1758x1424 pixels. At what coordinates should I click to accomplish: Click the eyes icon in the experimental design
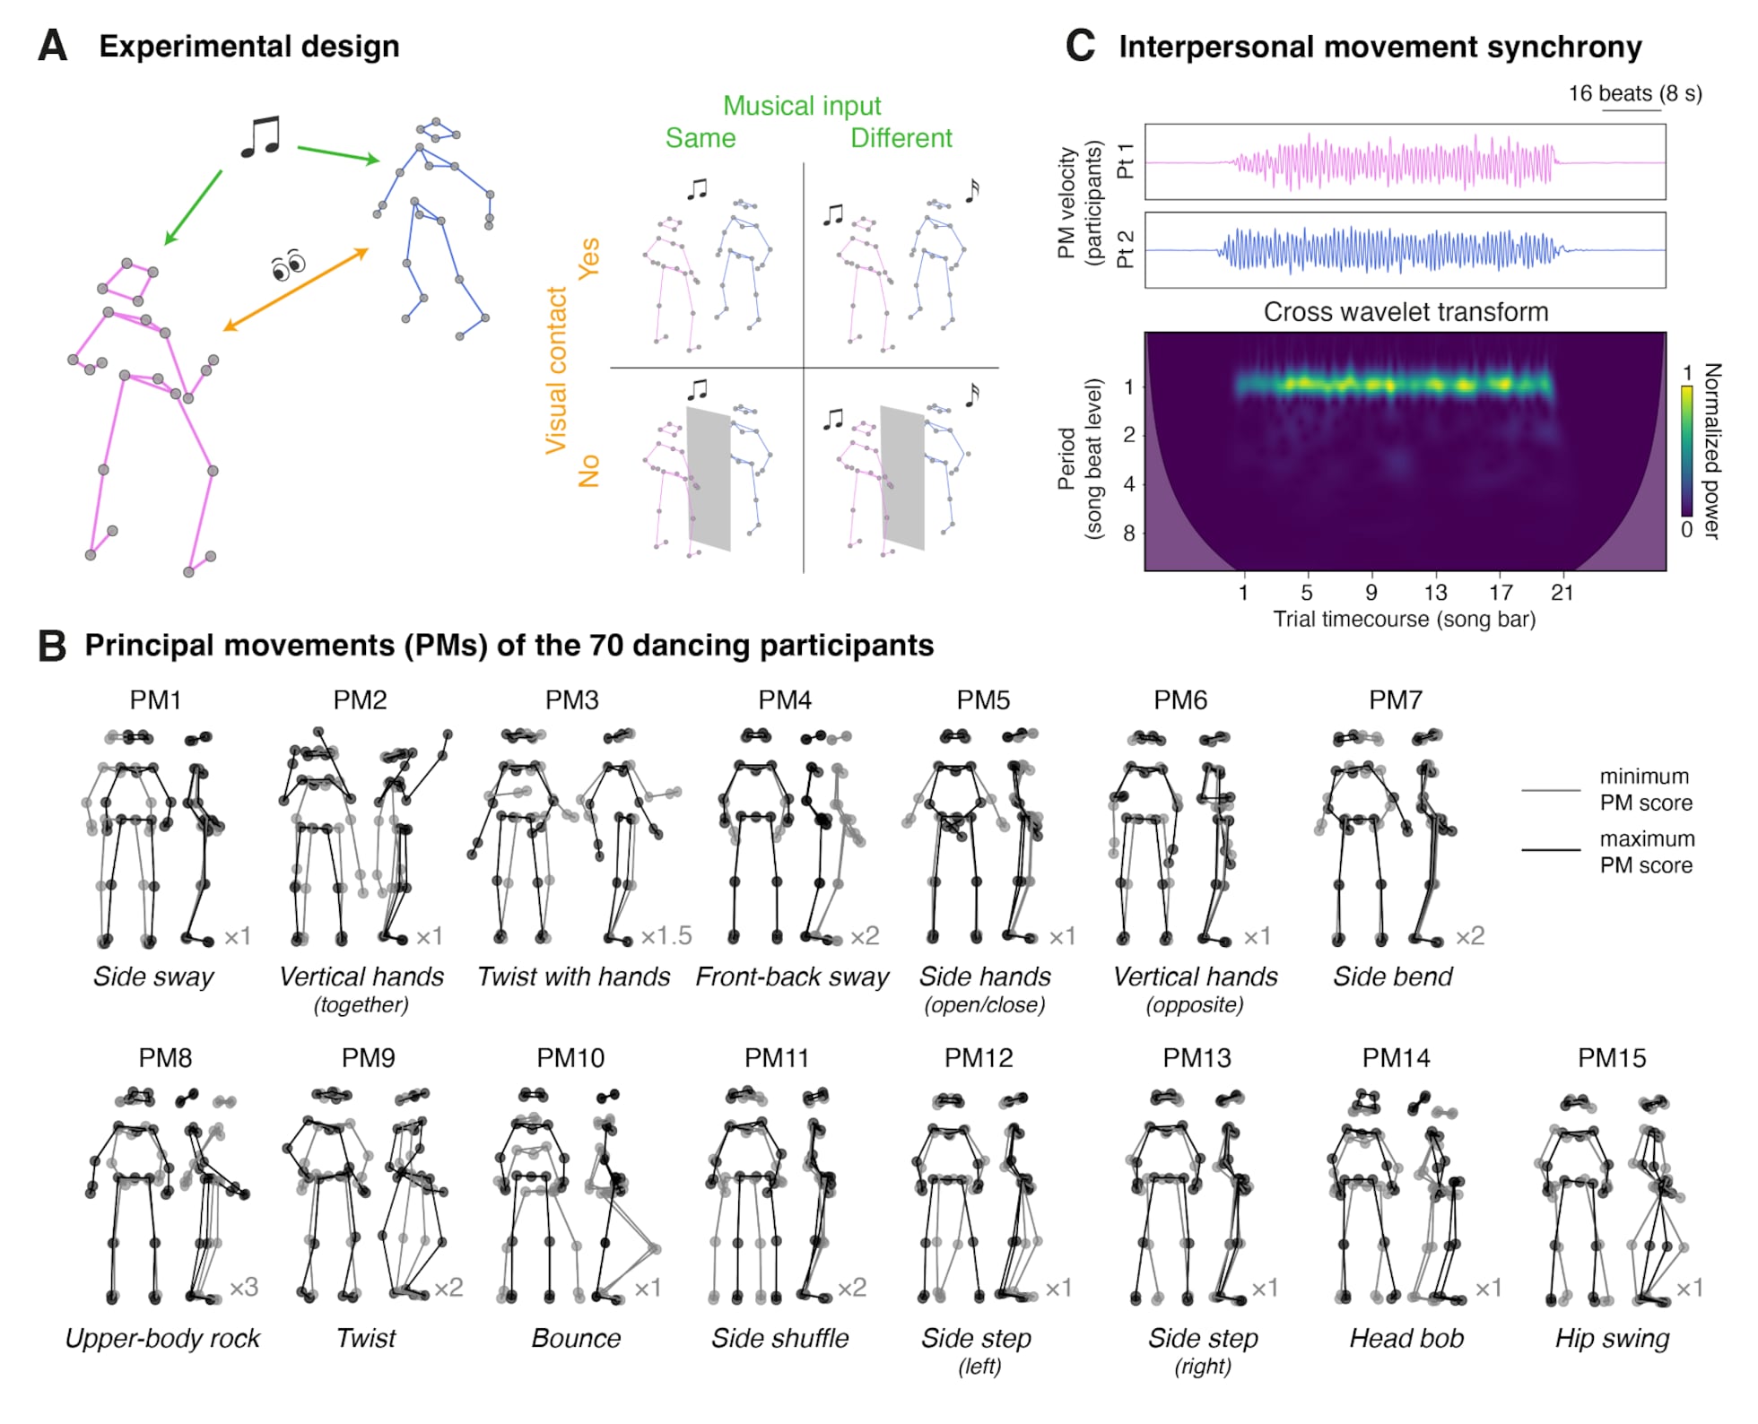pos(288,265)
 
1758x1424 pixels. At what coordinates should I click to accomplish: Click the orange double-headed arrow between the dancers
pos(296,290)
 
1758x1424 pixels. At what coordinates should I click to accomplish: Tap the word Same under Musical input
pos(700,138)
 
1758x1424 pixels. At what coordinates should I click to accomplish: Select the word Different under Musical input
pos(901,138)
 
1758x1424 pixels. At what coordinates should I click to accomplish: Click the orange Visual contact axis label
pos(557,369)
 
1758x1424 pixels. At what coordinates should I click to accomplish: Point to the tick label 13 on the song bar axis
pos(1435,593)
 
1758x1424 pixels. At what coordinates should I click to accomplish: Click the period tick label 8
pos(1128,533)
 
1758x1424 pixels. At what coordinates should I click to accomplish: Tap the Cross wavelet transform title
pos(1406,312)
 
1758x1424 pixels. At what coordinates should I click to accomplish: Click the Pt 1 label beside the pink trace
pos(1126,161)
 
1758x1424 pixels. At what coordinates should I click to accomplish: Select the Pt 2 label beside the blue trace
pos(1126,249)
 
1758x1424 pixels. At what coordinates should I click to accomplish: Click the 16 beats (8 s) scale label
pos(1634,93)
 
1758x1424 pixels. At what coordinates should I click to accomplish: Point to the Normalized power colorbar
pos(1686,451)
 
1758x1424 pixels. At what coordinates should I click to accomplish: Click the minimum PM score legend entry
pos(1645,789)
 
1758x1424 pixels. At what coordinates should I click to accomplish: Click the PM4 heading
pos(785,700)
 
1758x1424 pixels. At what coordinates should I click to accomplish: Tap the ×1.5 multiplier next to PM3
pos(666,936)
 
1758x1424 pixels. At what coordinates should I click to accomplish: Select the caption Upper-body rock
pos(162,1338)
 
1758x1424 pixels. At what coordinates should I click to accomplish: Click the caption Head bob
pos(1406,1338)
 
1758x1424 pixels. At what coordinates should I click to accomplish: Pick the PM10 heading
pos(570,1058)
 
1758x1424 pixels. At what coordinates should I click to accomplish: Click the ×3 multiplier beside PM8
pos(244,1288)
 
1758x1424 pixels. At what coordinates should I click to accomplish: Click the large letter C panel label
pos(1081,46)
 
